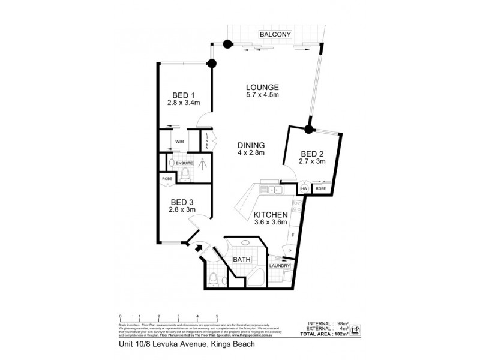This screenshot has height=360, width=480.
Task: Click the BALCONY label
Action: click(275, 35)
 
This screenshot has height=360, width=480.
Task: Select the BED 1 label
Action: click(184, 95)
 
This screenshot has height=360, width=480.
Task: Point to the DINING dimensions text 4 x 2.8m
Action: click(251, 152)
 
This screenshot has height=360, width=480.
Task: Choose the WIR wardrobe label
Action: click(179, 142)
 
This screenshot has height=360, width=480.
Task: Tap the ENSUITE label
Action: click(184, 163)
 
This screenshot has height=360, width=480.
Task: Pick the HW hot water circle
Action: click(305, 188)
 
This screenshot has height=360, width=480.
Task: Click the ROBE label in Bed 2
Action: click(320, 188)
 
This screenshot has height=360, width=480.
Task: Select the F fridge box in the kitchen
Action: click(291, 235)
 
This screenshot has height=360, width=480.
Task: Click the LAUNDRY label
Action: click(280, 266)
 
